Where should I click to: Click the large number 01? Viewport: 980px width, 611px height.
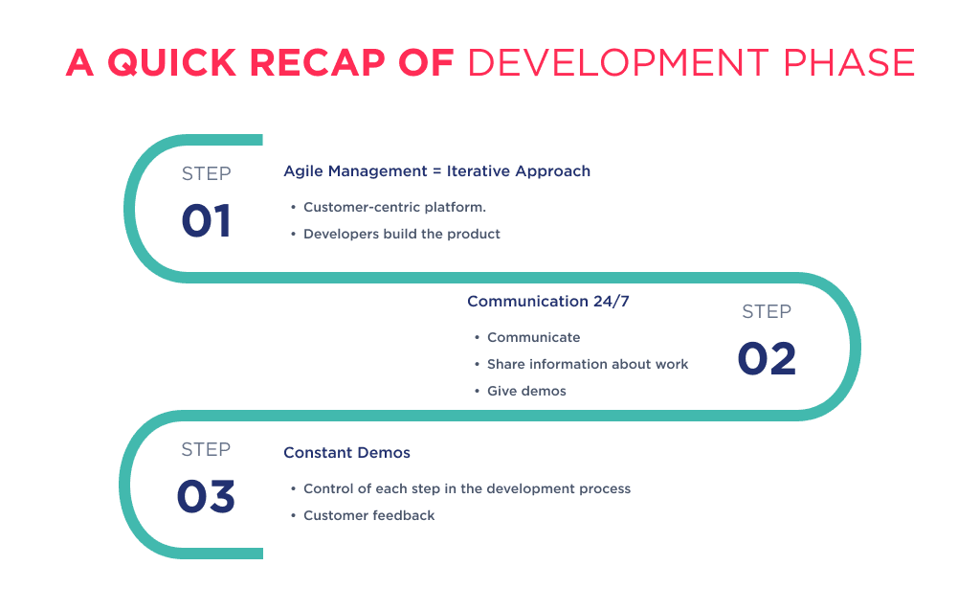(206, 221)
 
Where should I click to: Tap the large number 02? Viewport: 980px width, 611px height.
(767, 359)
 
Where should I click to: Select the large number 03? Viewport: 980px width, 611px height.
(206, 497)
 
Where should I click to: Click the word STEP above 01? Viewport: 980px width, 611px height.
(206, 173)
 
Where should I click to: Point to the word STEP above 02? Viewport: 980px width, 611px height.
(767, 311)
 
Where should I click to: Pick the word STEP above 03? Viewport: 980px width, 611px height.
(206, 449)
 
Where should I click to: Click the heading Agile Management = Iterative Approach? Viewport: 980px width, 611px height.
(436, 171)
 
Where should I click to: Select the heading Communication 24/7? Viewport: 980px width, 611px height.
(547, 302)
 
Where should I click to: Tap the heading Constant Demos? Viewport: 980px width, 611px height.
(346, 453)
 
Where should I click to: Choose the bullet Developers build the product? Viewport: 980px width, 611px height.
(401, 234)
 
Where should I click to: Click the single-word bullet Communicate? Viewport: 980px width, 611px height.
(533, 337)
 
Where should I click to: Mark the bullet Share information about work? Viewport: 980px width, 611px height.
(588, 364)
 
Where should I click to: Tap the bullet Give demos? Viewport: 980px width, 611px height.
(526, 391)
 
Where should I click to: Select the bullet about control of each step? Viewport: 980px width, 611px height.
(467, 488)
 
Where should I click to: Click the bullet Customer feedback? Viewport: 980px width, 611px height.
(368, 515)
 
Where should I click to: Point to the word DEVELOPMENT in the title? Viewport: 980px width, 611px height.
(617, 63)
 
